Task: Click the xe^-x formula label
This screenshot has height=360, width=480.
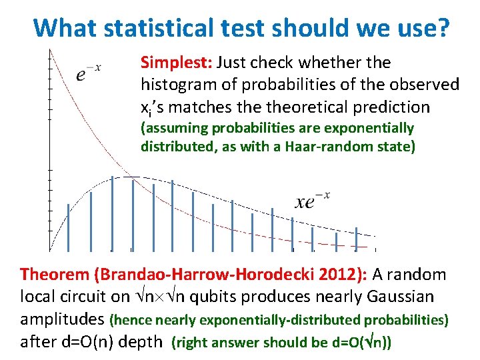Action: coord(313,200)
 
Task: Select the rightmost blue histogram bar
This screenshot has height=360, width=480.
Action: coord(356,239)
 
